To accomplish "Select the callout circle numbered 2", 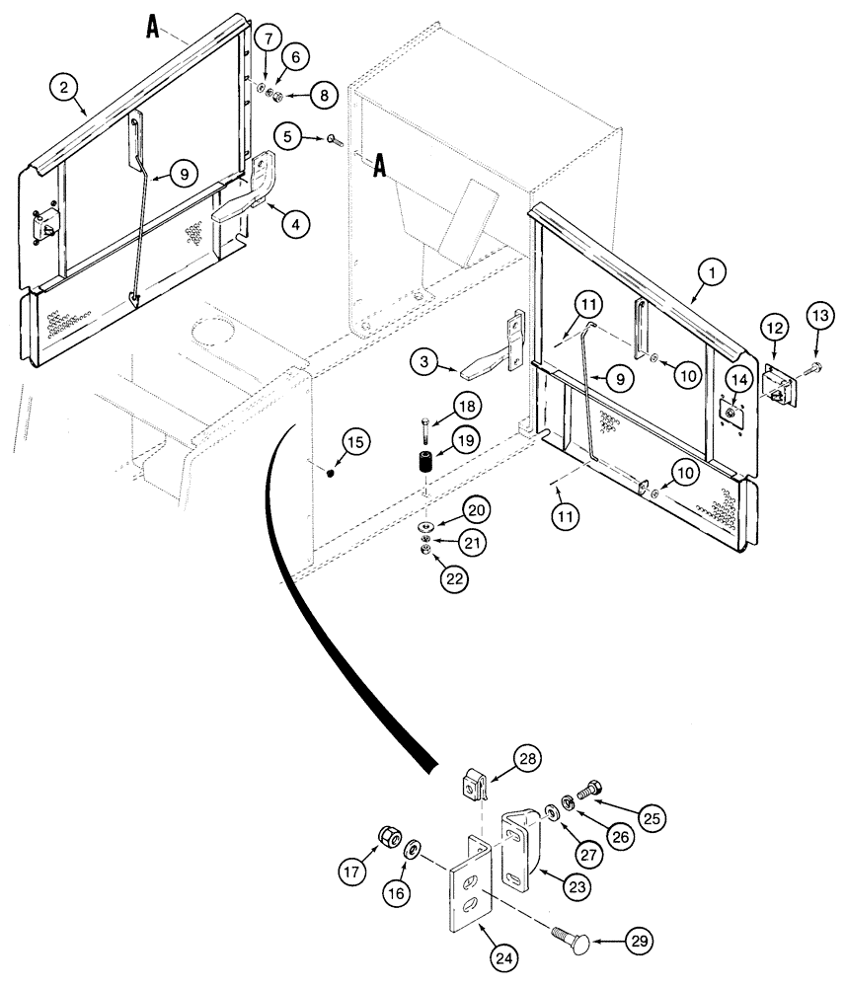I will tap(64, 89).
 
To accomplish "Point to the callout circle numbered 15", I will tap(356, 443).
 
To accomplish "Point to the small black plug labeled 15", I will tap(331, 473).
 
